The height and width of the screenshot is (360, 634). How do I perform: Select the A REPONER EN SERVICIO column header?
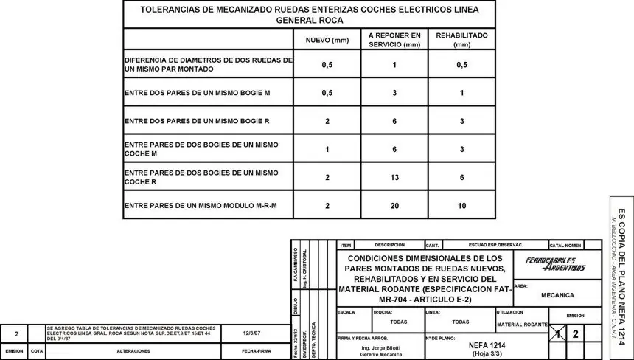click(394, 40)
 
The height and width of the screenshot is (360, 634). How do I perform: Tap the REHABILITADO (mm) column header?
click(461, 40)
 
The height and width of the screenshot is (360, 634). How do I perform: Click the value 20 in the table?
click(394, 205)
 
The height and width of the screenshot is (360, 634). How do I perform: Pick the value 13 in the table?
click(394, 178)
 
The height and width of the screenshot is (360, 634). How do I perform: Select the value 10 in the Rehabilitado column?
click(461, 205)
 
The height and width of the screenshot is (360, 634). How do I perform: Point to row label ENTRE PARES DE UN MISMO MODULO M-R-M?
click(201, 205)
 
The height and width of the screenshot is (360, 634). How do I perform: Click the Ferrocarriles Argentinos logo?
click(555, 263)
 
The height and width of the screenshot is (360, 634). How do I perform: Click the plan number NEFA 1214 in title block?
click(487, 345)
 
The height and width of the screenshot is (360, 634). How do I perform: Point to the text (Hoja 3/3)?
click(487, 353)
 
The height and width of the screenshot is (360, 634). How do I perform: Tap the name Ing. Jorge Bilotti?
click(381, 347)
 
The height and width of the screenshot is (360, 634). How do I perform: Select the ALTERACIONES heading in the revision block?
click(134, 351)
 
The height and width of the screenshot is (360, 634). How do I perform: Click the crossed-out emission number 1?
click(562, 334)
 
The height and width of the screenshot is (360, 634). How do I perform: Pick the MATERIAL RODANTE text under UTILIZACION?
click(522, 325)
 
